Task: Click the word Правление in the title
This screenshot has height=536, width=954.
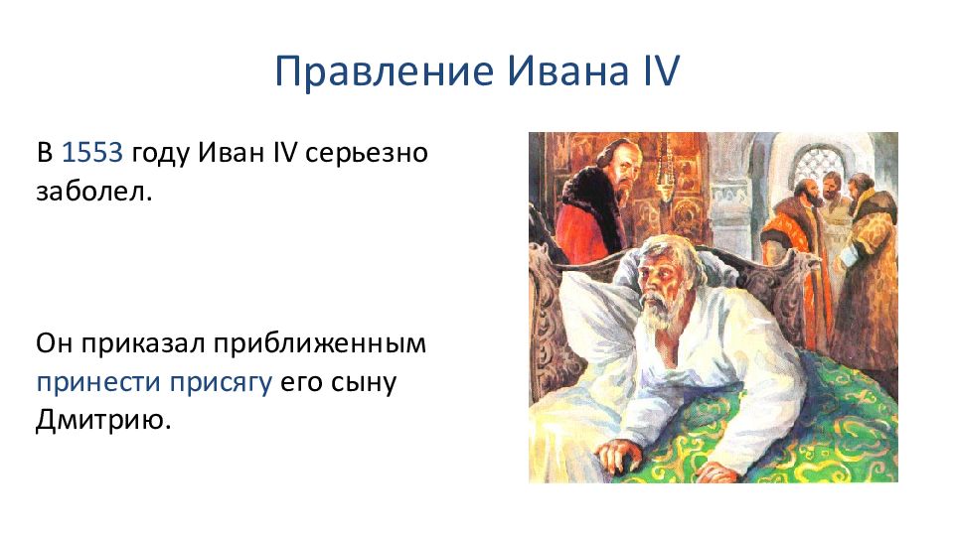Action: tap(385, 71)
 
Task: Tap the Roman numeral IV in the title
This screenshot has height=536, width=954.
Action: tap(662, 70)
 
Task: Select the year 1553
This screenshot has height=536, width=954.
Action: tap(92, 152)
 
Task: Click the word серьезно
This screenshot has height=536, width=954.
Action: tap(367, 153)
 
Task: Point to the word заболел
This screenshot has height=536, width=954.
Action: tap(93, 192)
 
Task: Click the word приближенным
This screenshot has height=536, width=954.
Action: tap(320, 344)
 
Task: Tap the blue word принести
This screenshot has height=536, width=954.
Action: tap(98, 383)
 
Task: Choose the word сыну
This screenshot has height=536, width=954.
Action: tap(364, 384)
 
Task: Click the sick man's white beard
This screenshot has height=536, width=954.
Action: tap(657, 313)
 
